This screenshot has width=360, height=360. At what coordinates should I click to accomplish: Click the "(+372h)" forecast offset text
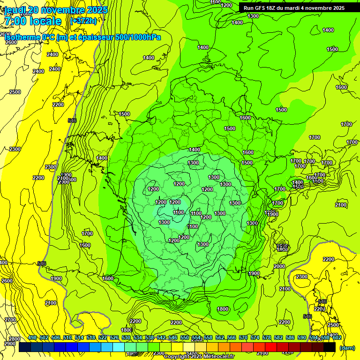(83, 21)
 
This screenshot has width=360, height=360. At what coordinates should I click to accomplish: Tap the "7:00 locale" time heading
(32, 21)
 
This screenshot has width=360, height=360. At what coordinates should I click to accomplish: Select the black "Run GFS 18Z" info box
(293, 8)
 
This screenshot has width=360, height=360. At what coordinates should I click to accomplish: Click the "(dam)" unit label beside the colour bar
(347, 348)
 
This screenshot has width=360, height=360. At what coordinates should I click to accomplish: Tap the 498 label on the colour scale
(32, 337)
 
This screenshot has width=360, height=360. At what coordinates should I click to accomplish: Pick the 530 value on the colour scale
(126, 337)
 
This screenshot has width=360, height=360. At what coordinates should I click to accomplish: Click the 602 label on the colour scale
(337, 337)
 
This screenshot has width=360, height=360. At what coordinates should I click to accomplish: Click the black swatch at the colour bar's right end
(330, 347)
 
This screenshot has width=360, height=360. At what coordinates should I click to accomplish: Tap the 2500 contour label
(15, 92)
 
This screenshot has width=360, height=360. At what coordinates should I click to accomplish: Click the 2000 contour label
(279, 266)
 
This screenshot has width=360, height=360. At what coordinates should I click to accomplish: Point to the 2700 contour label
(10, 320)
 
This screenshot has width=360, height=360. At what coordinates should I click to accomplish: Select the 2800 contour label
(15, 339)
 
